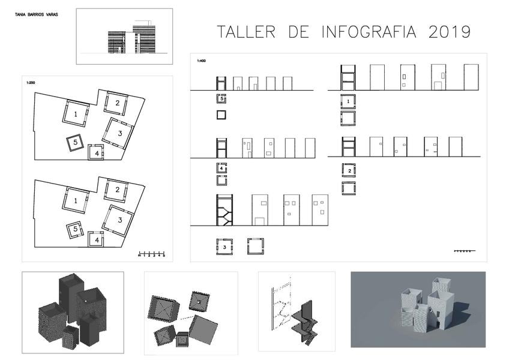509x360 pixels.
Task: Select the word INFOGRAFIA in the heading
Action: click(x=369, y=32)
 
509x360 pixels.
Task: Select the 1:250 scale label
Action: click(x=30, y=82)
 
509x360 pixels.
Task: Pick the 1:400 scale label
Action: click(x=201, y=61)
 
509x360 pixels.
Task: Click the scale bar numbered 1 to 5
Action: click(x=151, y=253)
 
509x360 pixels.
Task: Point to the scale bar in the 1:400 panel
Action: click(x=465, y=250)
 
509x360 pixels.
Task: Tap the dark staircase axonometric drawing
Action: click(x=306, y=322)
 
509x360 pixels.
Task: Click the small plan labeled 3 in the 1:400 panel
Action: click(x=224, y=247)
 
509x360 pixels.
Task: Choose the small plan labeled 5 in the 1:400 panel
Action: click(x=221, y=98)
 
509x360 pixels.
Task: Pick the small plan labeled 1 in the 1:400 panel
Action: click(x=349, y=101)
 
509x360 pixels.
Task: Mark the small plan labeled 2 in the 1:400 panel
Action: click(x=349, y=170)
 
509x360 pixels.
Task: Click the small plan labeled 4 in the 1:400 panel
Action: click(x=221, y=169)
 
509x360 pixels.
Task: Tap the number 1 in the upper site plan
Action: click(x=76, y=113)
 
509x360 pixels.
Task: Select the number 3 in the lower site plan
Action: click(x=120, y=220)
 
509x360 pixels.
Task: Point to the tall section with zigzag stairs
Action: click(x=224, y=210)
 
